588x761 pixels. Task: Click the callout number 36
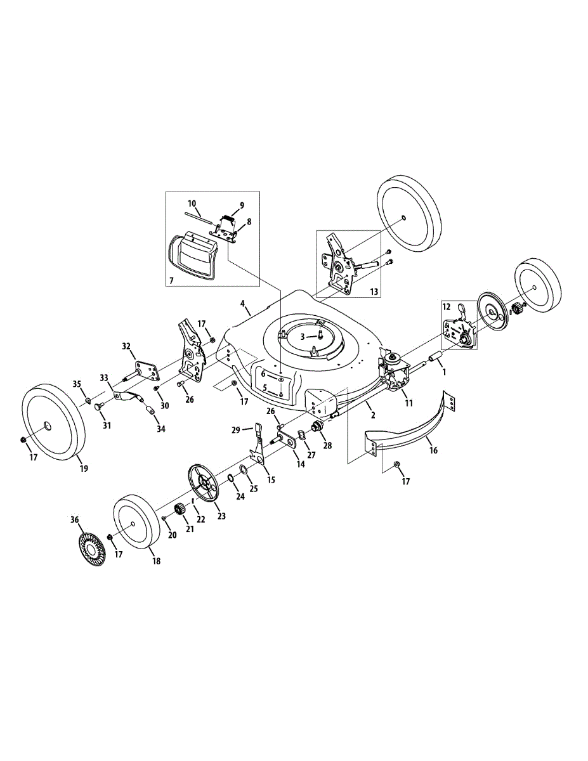tap(75, 520)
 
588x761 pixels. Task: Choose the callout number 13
tap(374, 291)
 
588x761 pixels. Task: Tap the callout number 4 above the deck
tap(244, 304)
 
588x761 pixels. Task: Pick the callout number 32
tap(126, 346)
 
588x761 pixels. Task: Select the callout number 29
tap(236, 430)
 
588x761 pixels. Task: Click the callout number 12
tap(447, 306)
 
